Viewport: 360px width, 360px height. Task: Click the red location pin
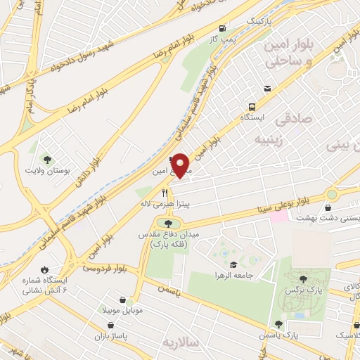click(x=181, y=166)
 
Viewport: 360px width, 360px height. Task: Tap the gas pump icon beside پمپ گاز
click(x=223, y=28)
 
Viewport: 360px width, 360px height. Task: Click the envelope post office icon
click(x=267, y=89)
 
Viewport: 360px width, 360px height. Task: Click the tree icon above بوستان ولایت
click(x=47, y=160)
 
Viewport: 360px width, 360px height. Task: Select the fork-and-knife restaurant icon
click(x=165, y=192)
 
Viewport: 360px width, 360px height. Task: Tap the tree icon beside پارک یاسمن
click(x=279, y=324)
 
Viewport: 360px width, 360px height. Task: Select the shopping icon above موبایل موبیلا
click(x=122, y=300)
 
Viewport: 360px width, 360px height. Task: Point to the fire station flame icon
click(x=46, y=269)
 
